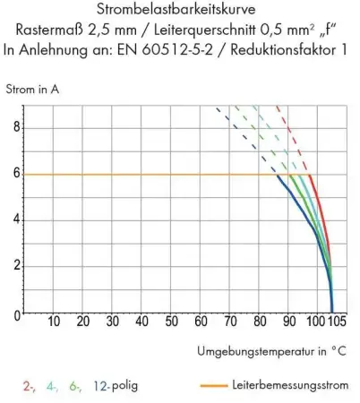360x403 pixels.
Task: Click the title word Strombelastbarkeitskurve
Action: coord(180,12)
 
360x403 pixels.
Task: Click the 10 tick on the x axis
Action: coord(54,322)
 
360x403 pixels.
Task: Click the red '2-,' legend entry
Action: coord(30,387)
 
